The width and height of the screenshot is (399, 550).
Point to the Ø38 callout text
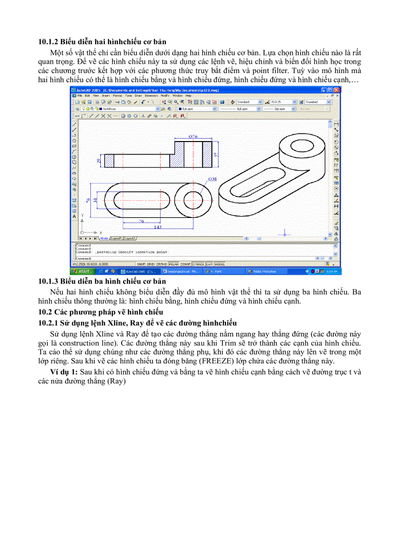(x=212, y=180)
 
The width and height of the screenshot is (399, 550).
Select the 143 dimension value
(x=157, y=227)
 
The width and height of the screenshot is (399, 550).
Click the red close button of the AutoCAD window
(x=337, y=90)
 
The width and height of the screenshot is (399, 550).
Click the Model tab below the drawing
(x=104, y=238)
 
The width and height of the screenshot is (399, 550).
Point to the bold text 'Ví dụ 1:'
(x=62, y=372)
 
